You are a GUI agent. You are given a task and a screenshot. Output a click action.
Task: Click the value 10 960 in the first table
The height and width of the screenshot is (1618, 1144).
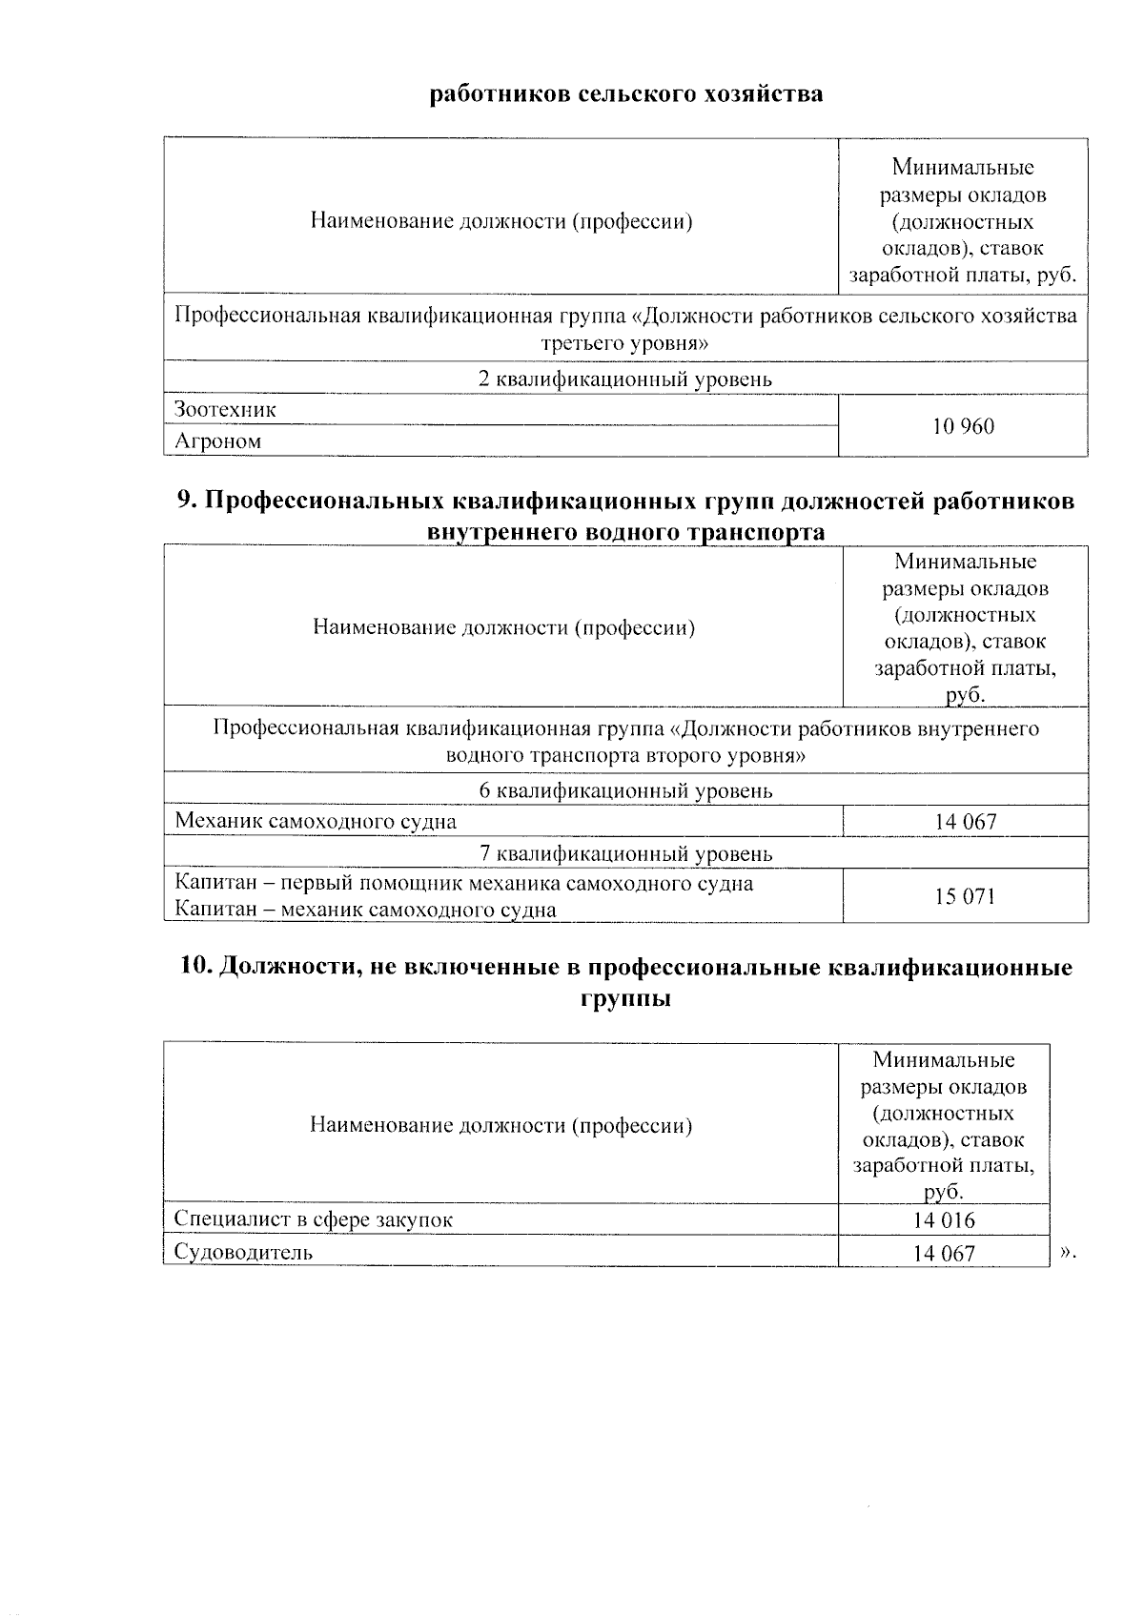[x=963, y=426]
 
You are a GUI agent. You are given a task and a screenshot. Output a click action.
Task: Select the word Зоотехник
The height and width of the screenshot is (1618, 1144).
[x=225, y=410]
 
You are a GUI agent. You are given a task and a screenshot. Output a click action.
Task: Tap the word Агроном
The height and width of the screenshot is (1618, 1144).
[x=217, y=441]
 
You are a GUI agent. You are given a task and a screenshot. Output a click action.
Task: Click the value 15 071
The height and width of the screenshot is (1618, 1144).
[x=965, y=896]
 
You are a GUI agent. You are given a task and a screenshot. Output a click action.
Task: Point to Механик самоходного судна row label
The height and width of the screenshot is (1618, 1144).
[x=316, y=821]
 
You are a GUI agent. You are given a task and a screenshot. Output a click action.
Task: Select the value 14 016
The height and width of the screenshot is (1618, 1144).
[x=944, y=1220]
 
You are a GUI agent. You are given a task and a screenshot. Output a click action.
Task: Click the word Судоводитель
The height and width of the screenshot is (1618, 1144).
[x=243, y=1252]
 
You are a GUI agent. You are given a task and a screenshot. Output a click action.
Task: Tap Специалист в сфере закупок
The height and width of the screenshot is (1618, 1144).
[x=314, y=1219]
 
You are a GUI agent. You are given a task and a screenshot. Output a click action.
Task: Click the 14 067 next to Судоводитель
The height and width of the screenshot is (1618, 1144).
[x=944, y=1253]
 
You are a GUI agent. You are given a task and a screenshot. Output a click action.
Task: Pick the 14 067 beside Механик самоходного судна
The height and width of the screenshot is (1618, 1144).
[x=966, y=821]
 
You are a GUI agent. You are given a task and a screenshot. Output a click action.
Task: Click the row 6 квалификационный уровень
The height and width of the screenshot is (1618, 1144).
[x=625, y=790]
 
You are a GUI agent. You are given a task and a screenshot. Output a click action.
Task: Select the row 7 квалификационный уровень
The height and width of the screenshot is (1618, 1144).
[x=625, y=853]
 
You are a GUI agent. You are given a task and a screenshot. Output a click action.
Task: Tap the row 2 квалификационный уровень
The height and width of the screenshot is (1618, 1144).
[x=625, y=379]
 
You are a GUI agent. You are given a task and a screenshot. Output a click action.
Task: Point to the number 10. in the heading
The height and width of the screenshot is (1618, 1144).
[x=196, y=968]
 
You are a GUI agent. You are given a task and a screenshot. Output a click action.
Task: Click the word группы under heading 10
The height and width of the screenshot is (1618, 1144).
[x=625, y=999]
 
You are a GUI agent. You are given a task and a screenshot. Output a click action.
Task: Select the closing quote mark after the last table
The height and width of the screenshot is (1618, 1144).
[x=1067, y=1252]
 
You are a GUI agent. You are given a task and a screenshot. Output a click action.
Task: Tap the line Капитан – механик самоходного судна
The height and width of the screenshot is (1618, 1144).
[x=365, y=910]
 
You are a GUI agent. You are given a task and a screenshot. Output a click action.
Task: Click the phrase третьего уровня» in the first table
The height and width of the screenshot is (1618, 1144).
[x=625, y=343]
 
